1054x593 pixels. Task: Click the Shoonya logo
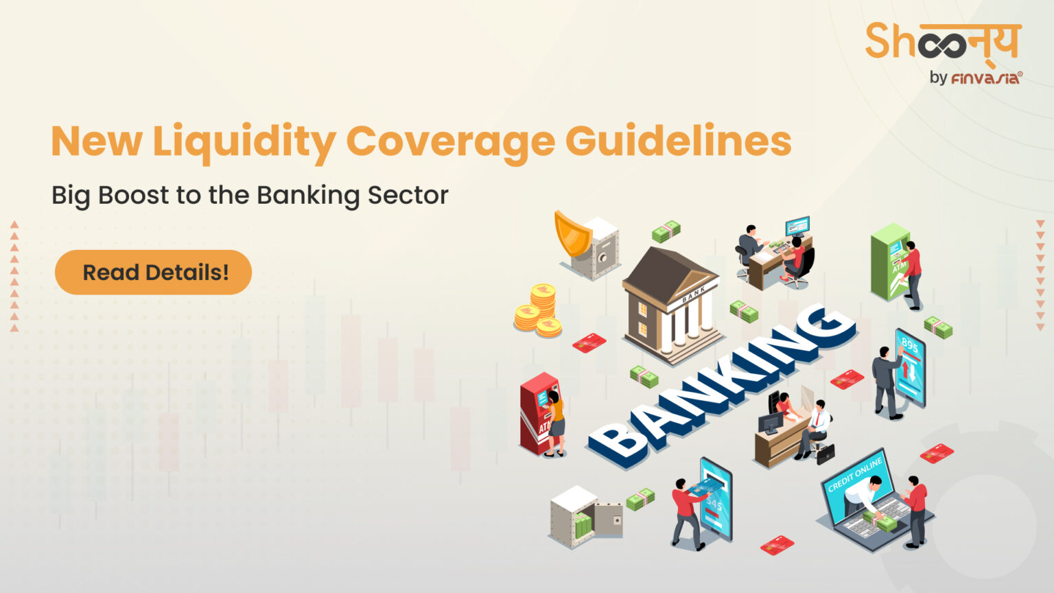coord(943,43)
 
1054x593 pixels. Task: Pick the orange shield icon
coord(572,233)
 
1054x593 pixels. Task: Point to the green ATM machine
coord(889,261)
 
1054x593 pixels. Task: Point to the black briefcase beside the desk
coord(825,452)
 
